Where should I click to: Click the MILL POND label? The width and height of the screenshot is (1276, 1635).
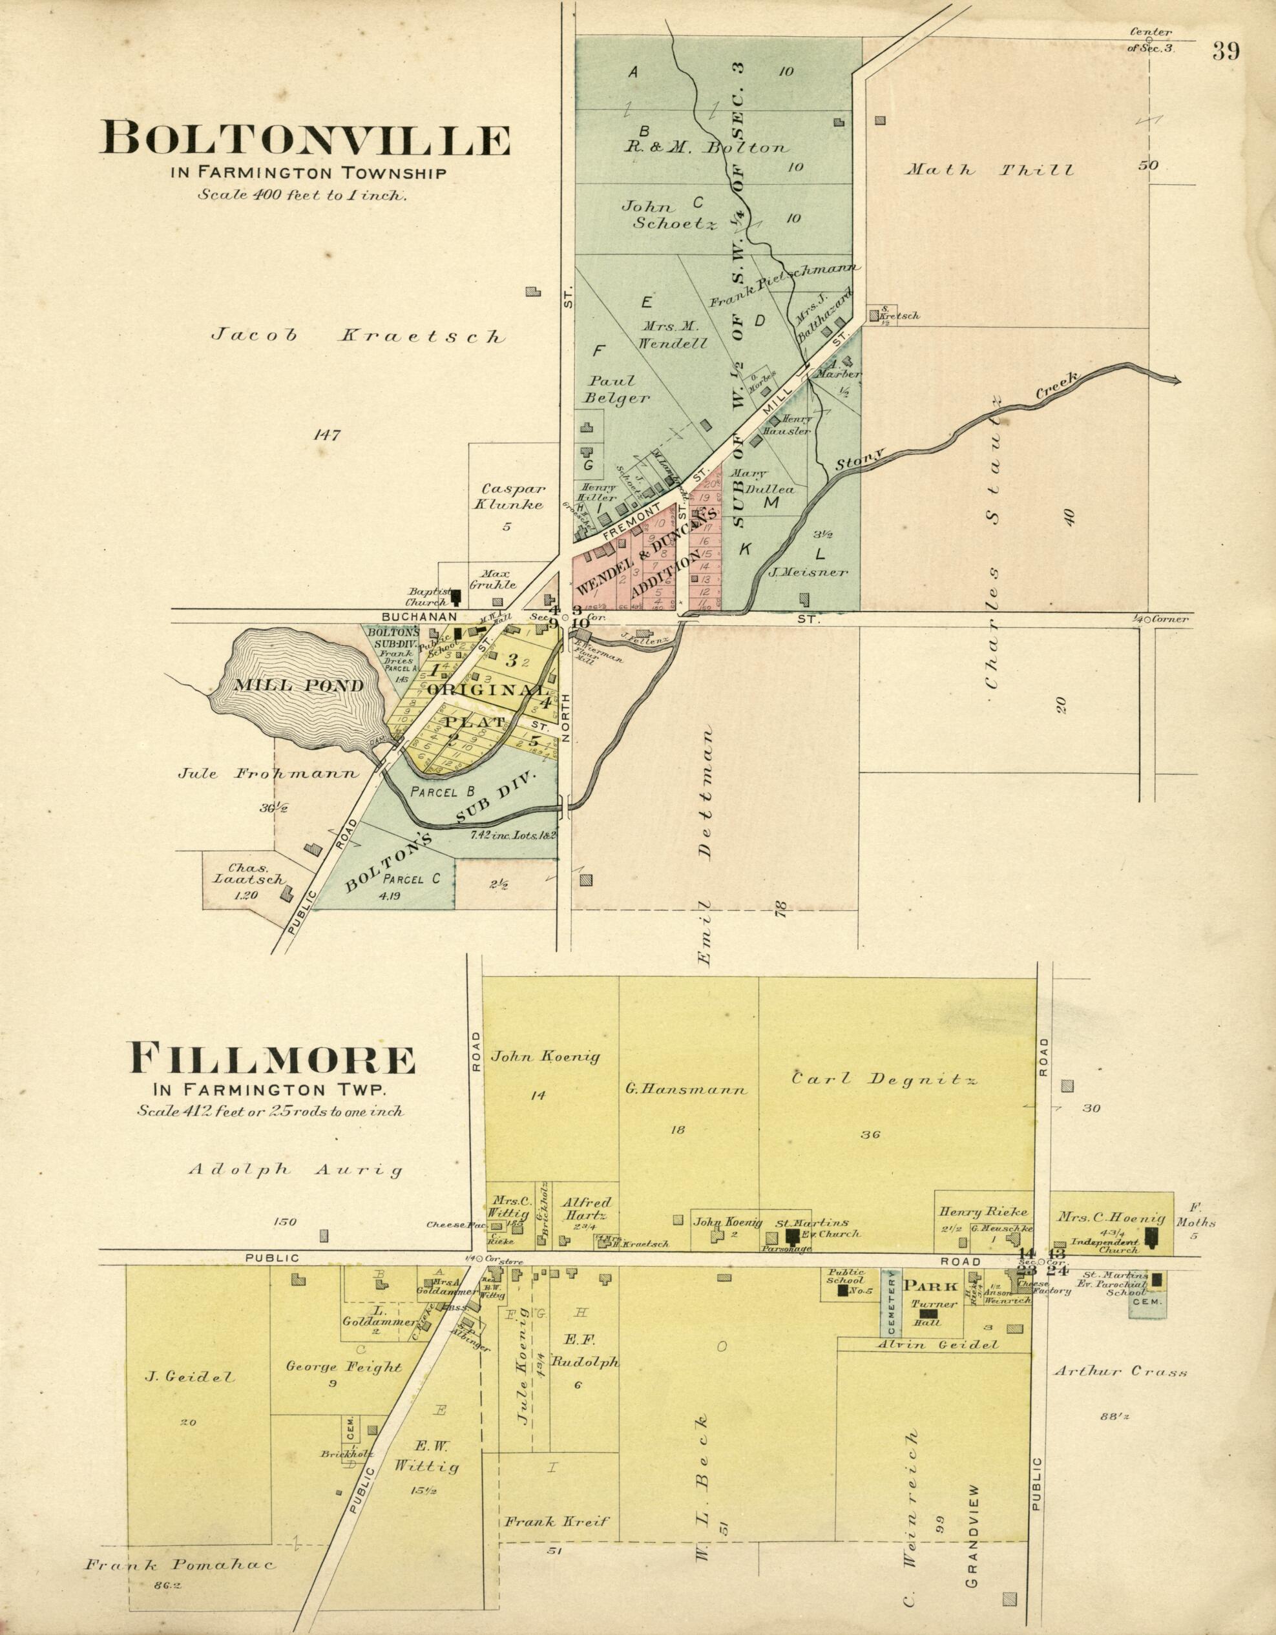pyautogui.click(x=298, y=685)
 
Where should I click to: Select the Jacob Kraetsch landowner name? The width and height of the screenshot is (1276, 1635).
pyautogui.click(x=358, y=336)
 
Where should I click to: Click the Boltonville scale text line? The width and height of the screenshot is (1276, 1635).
pyautogui.click(x=302, y=195)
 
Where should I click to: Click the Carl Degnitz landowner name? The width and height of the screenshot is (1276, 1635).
pyautogui.click(x=884, y=1079)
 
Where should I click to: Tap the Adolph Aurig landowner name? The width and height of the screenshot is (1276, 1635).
pyautogui.click(x=295, y=1169)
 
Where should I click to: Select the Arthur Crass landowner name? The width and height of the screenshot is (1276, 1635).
pyautogui.click(x=1120, y=1372)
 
